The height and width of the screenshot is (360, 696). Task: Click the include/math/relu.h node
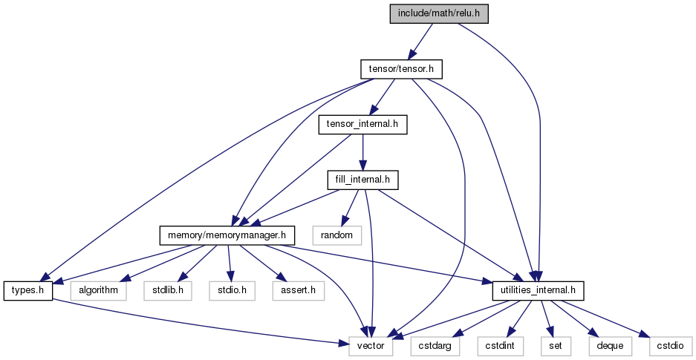[439, 13]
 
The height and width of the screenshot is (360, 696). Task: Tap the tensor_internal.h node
[363, 125]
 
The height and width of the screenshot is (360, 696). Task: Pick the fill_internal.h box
[363, 180]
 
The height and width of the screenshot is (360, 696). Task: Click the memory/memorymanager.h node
[227, 235]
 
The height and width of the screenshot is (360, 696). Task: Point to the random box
[337, 235]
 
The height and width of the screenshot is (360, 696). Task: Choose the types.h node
[28, 291]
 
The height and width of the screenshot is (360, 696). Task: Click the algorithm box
[99, 291]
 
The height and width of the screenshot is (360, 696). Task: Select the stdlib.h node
[168, 291]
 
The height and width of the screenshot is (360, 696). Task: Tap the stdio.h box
[232, 291]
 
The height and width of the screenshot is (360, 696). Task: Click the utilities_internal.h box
[538, 291]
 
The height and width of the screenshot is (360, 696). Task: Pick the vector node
[371, 346]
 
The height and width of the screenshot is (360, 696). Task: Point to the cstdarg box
[435, 346]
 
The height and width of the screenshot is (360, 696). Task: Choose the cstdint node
[501, 346]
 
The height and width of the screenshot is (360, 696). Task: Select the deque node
[610, 346]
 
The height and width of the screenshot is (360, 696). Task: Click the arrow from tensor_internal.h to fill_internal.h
[363, 152]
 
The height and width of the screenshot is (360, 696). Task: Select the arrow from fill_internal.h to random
[349, 208]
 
